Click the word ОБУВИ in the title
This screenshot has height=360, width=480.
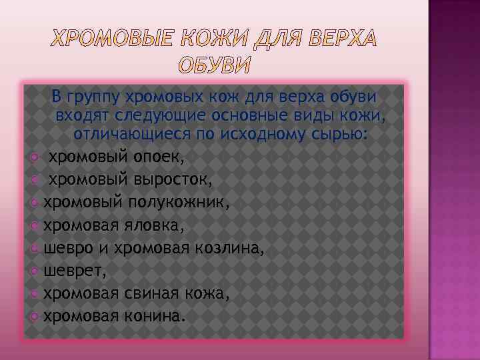215,66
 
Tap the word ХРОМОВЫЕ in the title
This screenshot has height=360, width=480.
110,40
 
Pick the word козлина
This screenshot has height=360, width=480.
229,248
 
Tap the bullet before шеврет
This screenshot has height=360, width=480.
35,271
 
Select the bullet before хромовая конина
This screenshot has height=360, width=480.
35,316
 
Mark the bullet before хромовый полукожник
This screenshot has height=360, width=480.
35,203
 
